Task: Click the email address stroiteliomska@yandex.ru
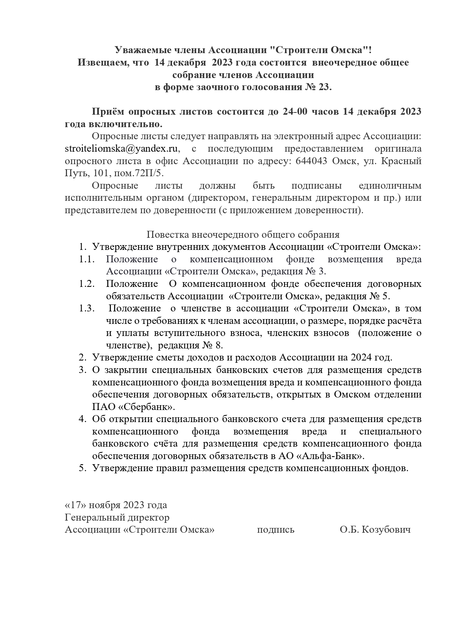(122, 149)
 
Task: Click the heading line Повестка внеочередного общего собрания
(243, 234)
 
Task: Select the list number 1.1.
(87, 259)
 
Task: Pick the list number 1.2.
(87, 284)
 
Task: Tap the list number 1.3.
(87, 308)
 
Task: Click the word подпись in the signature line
(275, 530)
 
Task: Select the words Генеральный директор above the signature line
(117, 518)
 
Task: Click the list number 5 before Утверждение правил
(82, 468)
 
